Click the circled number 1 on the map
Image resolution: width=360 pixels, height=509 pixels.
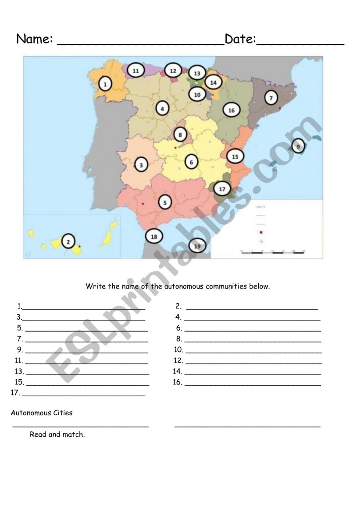pos(105,83)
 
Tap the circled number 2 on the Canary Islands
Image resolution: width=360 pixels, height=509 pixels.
pos(68,241)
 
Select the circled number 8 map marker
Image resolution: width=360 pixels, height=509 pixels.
pos(180,134)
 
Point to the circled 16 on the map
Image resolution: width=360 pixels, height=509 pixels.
pos(232,110)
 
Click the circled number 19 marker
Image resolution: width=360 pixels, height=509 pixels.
pos(197,246)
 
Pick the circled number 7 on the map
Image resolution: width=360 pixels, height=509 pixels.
pos(271,98)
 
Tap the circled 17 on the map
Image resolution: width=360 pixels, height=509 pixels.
pos(222,189)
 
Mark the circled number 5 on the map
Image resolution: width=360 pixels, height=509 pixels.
pos(165,202)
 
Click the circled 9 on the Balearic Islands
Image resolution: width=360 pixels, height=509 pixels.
pos(298,146)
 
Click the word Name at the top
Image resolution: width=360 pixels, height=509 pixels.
pos(34,39)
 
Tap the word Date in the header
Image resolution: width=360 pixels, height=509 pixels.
pos(240,39)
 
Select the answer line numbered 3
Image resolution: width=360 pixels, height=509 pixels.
pos(83,319)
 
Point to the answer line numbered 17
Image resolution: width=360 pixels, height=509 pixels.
pos(83,395)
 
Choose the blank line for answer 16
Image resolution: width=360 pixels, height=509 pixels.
pos(253,384)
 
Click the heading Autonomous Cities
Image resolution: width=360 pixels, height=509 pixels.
pos(42,413)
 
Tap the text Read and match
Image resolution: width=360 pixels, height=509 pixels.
pos(57,435)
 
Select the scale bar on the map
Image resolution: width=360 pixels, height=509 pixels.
pos(273,252)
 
